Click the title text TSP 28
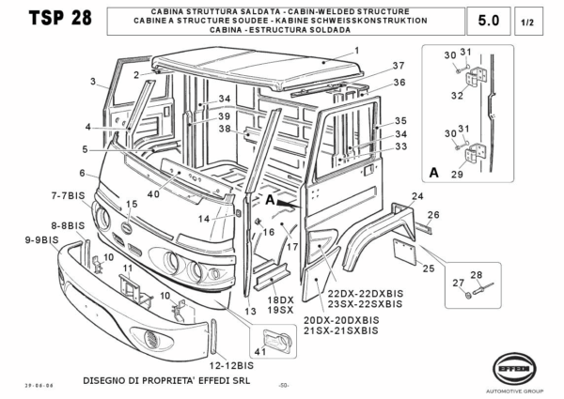(55, 20)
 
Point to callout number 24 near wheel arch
(418, 196)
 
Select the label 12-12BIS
(231, 364)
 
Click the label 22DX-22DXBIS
(358, 293)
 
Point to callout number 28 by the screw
(477, 274)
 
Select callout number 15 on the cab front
(132, 204)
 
